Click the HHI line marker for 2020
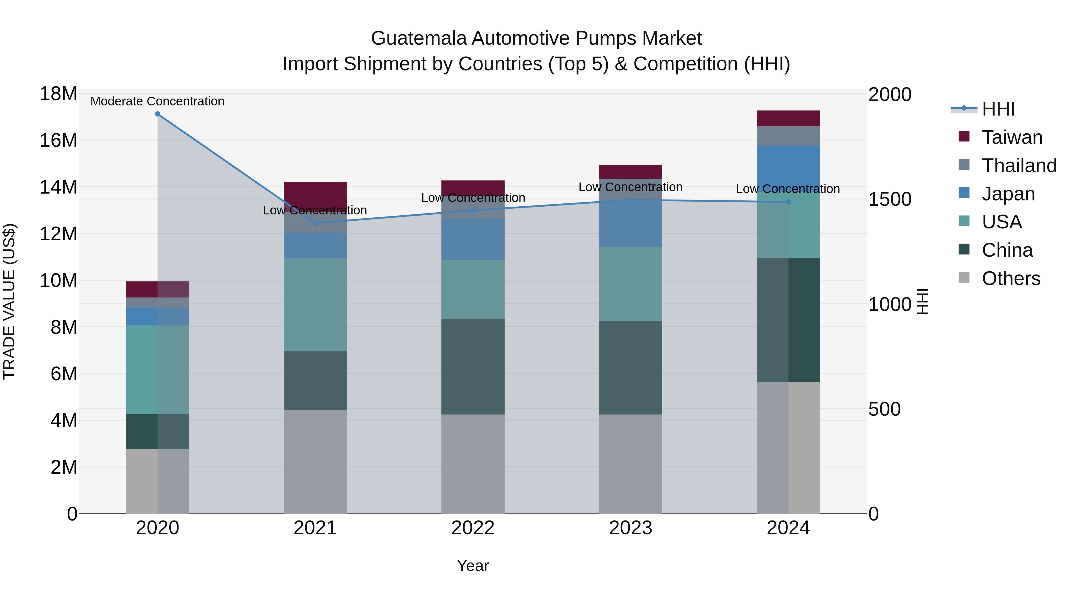157,114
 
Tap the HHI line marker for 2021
315,223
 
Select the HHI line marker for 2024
788,202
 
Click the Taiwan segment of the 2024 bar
788,118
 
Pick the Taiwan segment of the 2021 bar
315,194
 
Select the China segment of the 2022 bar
473,366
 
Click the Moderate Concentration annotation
157,101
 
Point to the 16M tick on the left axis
58,140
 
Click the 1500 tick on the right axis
890,199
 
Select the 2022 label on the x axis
473,528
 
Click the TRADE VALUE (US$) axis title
9,301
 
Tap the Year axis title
473,565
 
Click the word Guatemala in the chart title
419,38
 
